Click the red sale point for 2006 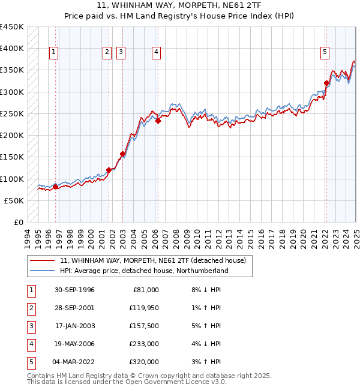point(158,121)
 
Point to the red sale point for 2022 point(326,83)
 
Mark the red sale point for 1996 point(55,187)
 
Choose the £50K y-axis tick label point(14,200)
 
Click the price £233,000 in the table point(144,344)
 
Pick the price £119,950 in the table point(144,308)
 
